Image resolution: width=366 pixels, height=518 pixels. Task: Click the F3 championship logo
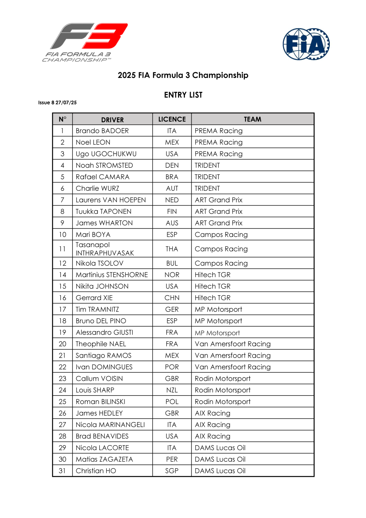[85, 42]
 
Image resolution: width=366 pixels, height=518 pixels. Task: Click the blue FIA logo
[306, 44]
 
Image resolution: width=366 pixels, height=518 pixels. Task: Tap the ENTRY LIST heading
[183, 95]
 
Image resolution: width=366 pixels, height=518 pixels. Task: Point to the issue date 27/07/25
[66, 103]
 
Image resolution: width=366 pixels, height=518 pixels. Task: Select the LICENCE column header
[172, 119]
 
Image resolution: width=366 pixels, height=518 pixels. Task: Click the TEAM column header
[252, 119]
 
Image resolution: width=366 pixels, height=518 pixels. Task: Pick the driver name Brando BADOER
[102, 131]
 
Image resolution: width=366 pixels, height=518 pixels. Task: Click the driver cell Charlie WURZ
[97, 188]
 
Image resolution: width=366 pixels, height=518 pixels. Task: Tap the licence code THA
[172, 249]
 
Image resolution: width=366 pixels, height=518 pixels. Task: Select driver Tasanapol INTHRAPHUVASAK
[104, 249]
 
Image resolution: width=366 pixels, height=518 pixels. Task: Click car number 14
[62, 275]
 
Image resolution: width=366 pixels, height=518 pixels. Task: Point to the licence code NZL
[172, 390]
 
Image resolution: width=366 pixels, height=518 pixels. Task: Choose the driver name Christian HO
[96, 471]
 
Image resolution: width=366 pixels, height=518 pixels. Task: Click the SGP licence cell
[172, 471]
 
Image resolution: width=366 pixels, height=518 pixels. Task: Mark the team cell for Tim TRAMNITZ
[218, 309]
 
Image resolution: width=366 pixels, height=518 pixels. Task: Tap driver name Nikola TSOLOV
[99, 263]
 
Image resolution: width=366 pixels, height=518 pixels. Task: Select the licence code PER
[172, 459]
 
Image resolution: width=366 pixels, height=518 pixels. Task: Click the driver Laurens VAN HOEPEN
[111, 200]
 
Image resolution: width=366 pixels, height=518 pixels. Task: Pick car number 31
[62, 471]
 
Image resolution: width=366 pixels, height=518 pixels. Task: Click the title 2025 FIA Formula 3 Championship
[183, 75]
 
